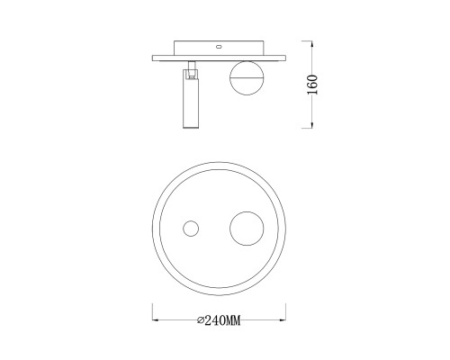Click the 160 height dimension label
(x=312, y=85)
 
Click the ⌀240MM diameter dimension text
(x=219, y=320)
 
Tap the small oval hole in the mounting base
(x=219, y=47)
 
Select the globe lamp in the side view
(x=247, y=78)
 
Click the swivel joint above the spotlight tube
(x=191, y=69)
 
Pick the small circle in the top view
(x=191, y=229)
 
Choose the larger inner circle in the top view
(x=247, y=229)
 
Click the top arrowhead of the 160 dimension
(x=312, y=44)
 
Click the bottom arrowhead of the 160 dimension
(x=312, y=125)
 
